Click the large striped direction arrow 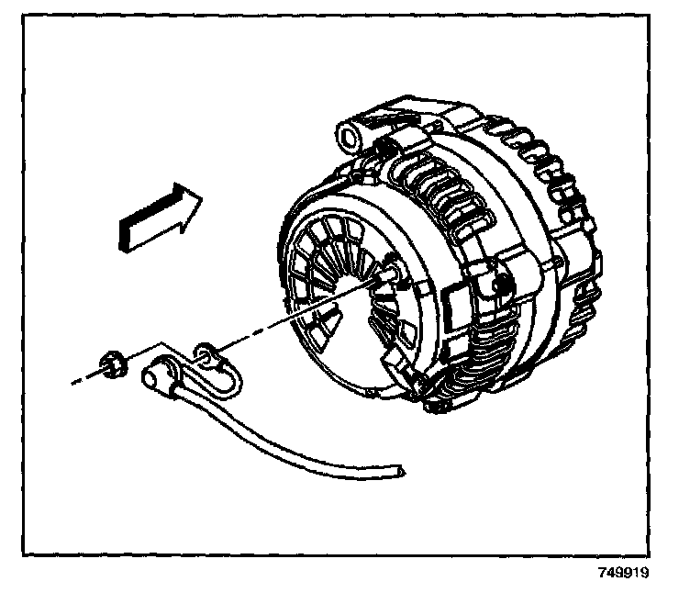tap(159, 217)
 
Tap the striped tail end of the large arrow tap(127, 237)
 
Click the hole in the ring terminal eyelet tap(205, 350)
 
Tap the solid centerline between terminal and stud tap(294, 312)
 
